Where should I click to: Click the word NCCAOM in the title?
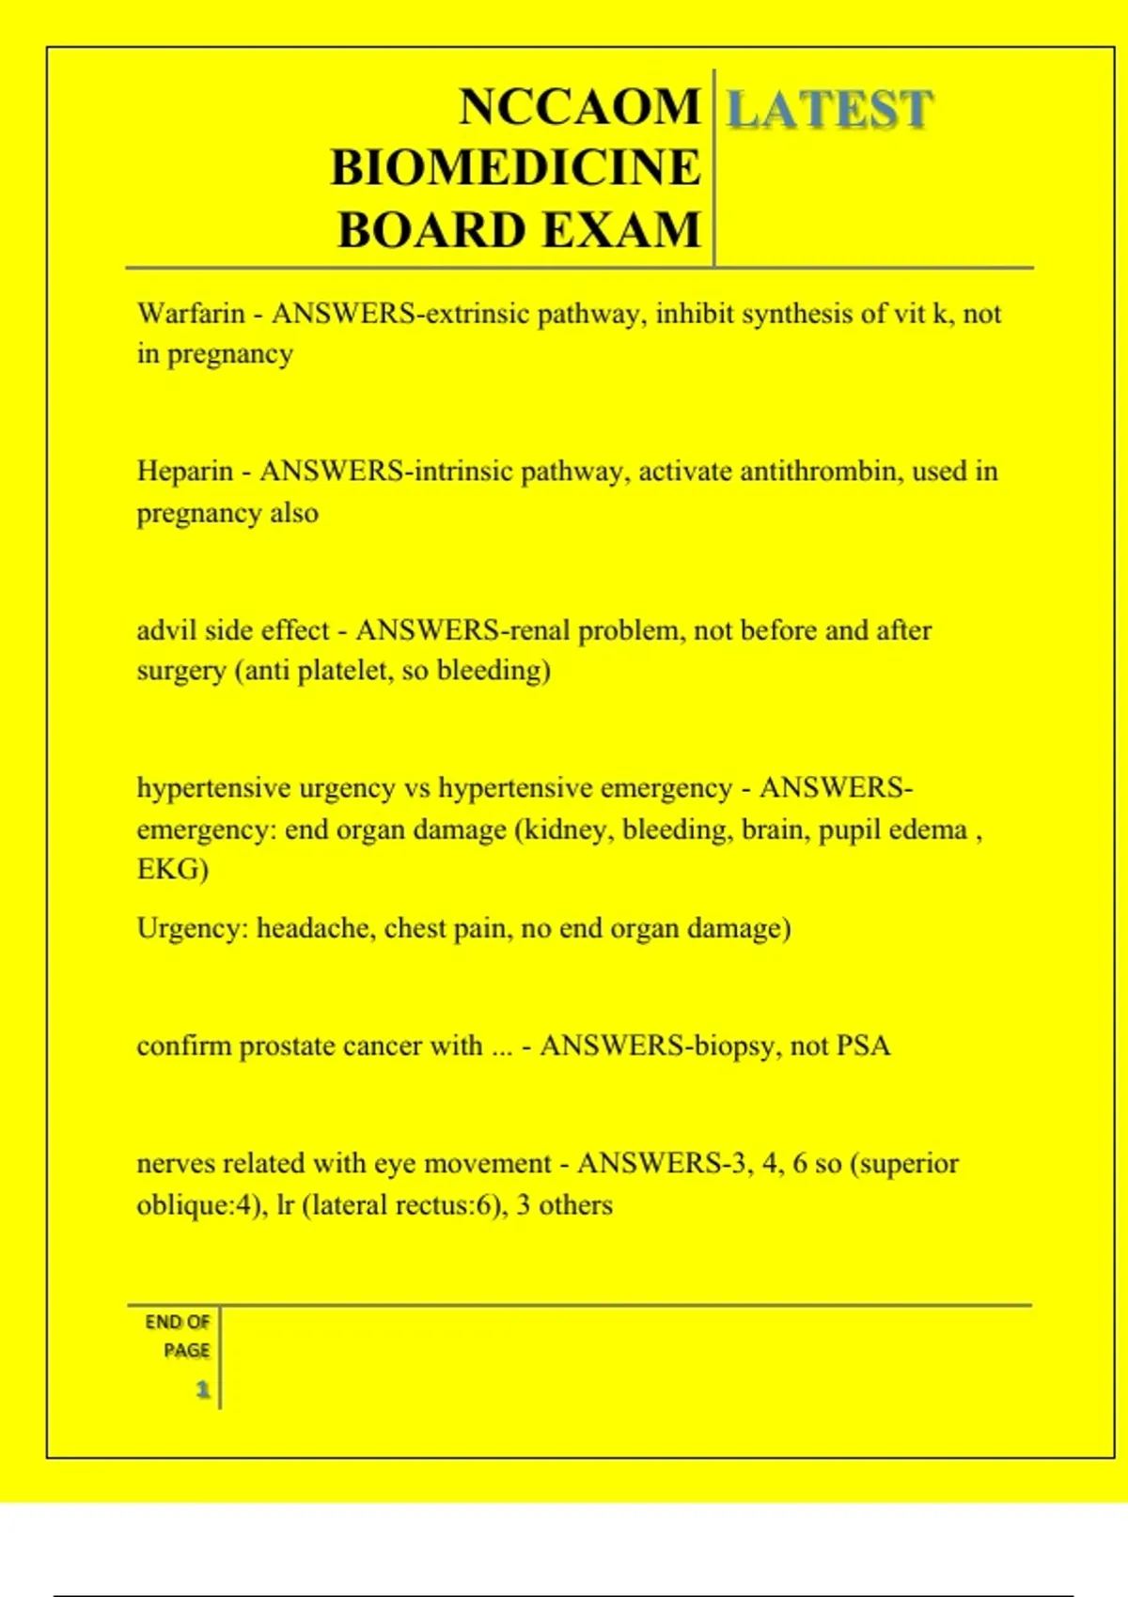(579, 106)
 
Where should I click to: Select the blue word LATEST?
(829, 109)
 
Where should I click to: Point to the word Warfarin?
(191, 313)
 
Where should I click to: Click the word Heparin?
(184, 471)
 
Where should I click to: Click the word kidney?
(565, 830)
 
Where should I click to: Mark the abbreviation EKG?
(170, 869)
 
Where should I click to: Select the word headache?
(313, 928)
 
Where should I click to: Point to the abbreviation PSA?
(863, 1046)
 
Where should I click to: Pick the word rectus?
(433, 1204)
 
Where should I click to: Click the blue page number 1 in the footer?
(202, 1388)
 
